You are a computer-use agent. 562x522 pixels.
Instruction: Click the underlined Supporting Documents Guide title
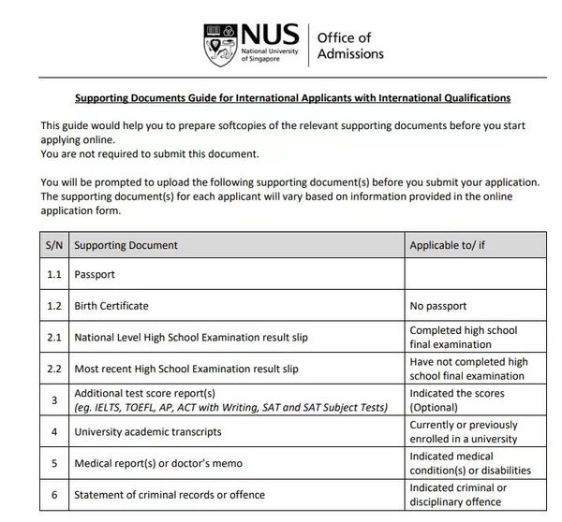click(x=293, y=97)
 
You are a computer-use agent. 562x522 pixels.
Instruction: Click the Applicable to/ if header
click(x=451, y=245)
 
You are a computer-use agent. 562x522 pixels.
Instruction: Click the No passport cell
click(x=438, y=306)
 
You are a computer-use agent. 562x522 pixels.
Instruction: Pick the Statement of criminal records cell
click(x=169, y=495)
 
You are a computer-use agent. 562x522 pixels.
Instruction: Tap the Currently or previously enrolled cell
click(x=464, y=432)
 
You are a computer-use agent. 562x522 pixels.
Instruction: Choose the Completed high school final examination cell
click(x=464, y=337)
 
